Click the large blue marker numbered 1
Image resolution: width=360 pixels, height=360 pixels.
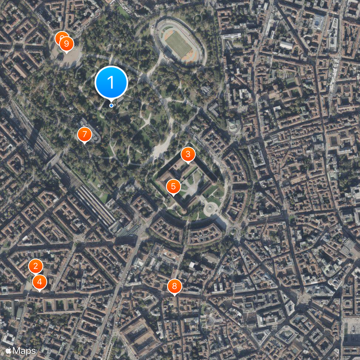coord(111,82)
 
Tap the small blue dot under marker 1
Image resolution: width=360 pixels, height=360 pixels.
coord(111,105)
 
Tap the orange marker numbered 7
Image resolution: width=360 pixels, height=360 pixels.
coord(84,134)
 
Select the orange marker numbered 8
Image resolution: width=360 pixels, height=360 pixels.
coord(174,286)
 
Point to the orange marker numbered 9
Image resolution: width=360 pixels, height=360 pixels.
coord(66,44)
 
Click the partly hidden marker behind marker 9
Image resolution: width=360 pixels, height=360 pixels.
coord(60,37)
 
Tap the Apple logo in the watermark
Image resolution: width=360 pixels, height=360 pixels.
coord(8,351)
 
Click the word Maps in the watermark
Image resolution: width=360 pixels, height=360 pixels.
coord(25,351)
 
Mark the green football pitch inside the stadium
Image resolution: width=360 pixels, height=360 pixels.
coord(178,43)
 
